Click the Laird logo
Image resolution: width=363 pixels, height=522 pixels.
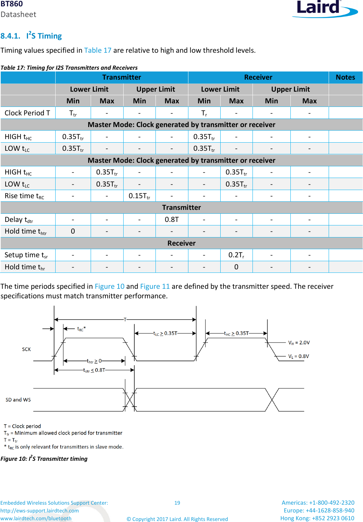tap(324, 8)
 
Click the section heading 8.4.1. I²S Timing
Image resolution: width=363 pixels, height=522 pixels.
tap(31, 36)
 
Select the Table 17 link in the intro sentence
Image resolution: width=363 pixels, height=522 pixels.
tap(97, 50)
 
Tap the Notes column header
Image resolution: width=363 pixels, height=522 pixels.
tap(345, 77)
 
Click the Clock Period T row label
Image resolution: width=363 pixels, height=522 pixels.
tap(27, 113)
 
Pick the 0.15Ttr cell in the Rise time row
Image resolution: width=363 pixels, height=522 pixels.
tap(139, 196)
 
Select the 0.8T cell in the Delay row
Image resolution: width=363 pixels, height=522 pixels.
tap(172, 219)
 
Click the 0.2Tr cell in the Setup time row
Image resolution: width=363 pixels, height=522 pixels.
tap(236, 255)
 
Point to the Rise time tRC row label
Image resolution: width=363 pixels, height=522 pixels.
tap(24, 196)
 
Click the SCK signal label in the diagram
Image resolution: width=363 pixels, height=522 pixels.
tap(26, 349)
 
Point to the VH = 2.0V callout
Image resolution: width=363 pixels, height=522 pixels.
tap(299, 343)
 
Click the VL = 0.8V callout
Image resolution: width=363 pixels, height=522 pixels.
tap(299, 356)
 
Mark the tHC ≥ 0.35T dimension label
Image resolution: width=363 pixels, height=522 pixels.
tap(236, 333)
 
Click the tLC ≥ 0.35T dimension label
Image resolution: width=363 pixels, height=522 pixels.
tap(165, 333)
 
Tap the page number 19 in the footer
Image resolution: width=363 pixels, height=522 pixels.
tap(177, 503)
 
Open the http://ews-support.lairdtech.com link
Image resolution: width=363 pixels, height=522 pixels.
tap(40, 511)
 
